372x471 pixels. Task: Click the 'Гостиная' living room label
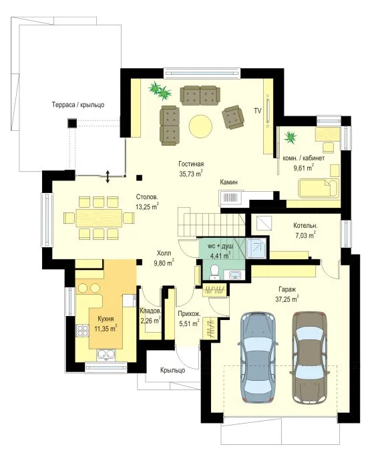(191, 164)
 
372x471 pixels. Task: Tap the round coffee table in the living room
(200, 126)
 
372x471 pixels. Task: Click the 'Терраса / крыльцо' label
(78, 105)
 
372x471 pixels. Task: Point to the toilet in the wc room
(214, 272)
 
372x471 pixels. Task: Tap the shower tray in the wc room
(256, 249)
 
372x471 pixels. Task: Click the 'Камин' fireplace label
(229, 182)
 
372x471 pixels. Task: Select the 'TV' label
(258, 111)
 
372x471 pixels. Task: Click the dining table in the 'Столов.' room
(99, 218)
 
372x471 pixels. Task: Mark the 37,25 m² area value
(287, 299)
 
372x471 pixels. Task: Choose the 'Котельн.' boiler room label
(305, 226)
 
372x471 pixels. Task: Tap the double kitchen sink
(106, 355)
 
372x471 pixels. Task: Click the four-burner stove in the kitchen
(82, 331)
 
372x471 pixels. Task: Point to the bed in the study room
(319, 188)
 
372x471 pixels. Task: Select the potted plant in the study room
(291, 137)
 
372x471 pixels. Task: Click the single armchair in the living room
(233, 117)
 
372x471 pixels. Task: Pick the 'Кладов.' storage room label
(150, 311)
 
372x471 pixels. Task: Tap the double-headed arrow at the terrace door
(108, 176)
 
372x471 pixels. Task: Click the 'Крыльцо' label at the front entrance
(172, 370)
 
